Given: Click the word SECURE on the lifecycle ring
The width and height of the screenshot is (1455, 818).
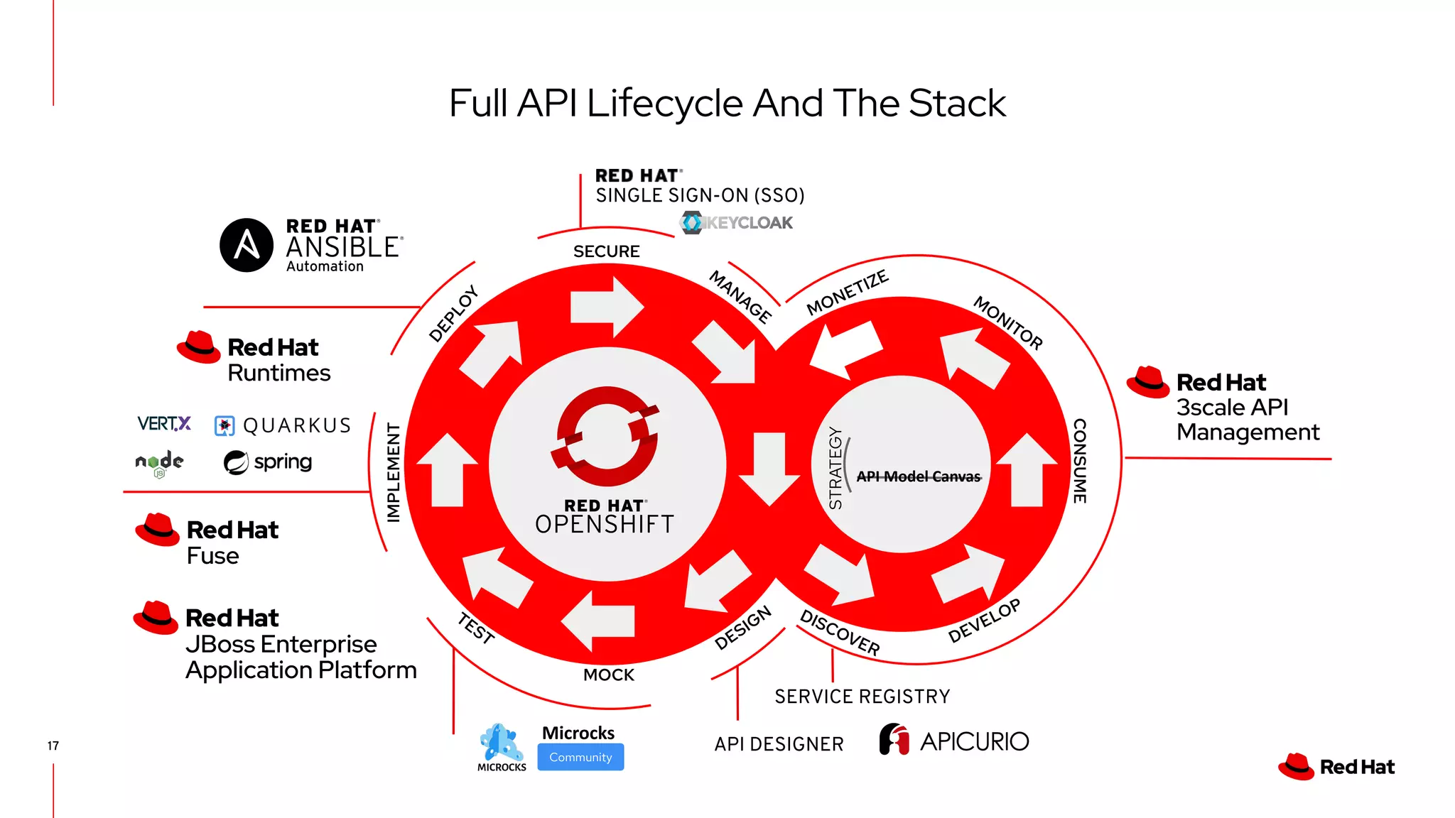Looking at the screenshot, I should (x=606, y=251).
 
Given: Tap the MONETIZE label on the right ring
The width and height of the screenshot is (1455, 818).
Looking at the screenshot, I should (x=847, y=293).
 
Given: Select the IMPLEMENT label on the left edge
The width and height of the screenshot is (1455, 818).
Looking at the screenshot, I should (x=393, y=472).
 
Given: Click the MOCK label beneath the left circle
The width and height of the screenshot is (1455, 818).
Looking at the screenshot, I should (x=609, y=675).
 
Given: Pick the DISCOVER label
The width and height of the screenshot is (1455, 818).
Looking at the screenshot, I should (x=840, y=631).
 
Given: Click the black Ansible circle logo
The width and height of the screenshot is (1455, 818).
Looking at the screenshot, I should (x=247, y=245).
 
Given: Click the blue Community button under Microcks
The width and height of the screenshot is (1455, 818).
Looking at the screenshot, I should (x=580, y=757).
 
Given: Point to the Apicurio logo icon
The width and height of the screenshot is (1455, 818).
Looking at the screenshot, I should (x=894, y=739).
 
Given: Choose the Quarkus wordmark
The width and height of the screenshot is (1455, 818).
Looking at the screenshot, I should (x=297, y=425).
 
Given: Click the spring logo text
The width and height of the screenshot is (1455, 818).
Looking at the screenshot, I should (x=283, y=462).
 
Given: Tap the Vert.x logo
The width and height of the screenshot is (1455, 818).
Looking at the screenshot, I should (x=164, y=424).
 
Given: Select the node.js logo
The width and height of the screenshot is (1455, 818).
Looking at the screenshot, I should (x=159, y=463).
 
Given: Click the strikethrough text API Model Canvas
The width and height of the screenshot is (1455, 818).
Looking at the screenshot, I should (x=918, y=476).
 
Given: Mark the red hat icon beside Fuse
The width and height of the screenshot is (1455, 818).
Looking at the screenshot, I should (x=157, y=530).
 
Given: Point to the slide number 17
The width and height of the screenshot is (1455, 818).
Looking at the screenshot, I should (x=53, y=746).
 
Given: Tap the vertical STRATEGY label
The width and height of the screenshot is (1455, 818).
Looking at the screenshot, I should (x=835, y=468).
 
